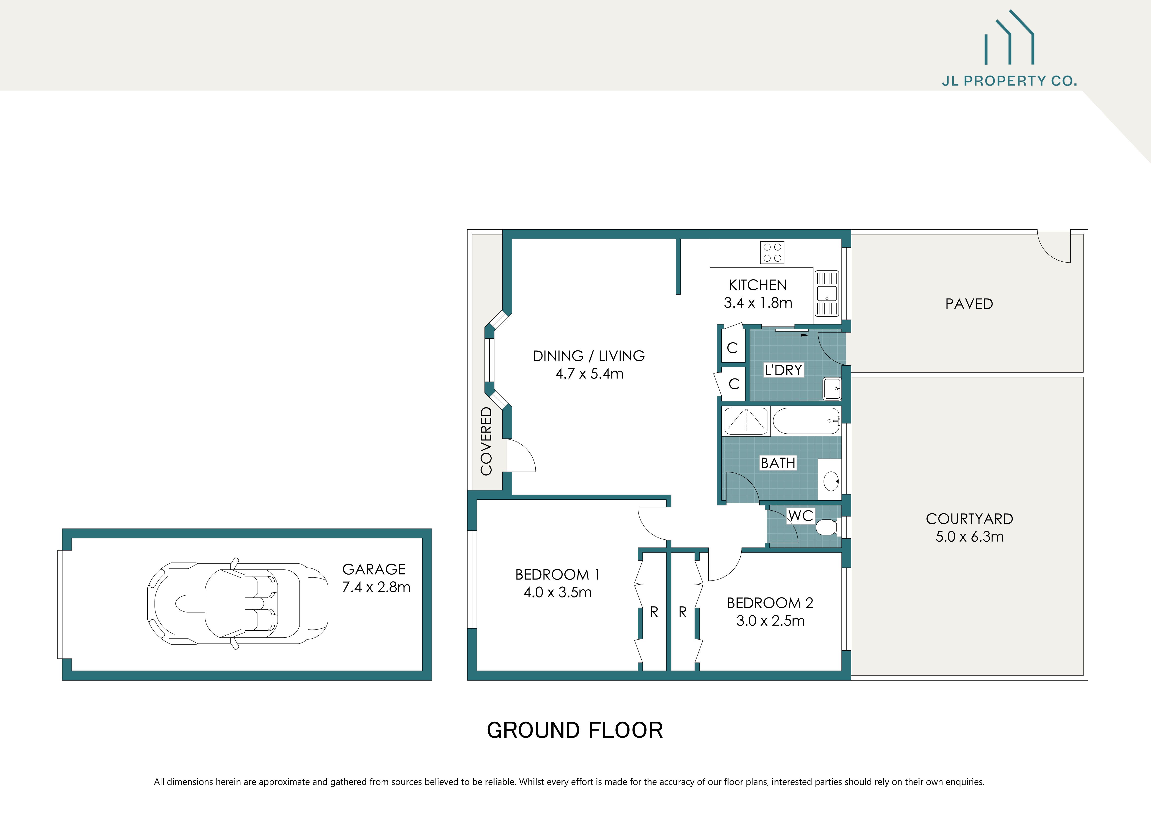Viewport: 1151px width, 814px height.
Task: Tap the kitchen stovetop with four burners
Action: point(772,253)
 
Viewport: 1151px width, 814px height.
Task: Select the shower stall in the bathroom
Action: point(746,421)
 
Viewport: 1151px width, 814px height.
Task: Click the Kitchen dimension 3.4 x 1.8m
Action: point(758,303)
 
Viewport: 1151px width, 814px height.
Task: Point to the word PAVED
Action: point(968,304)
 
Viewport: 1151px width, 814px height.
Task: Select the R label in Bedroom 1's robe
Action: point(654,612)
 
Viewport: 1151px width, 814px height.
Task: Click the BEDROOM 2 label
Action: point(770,603)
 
